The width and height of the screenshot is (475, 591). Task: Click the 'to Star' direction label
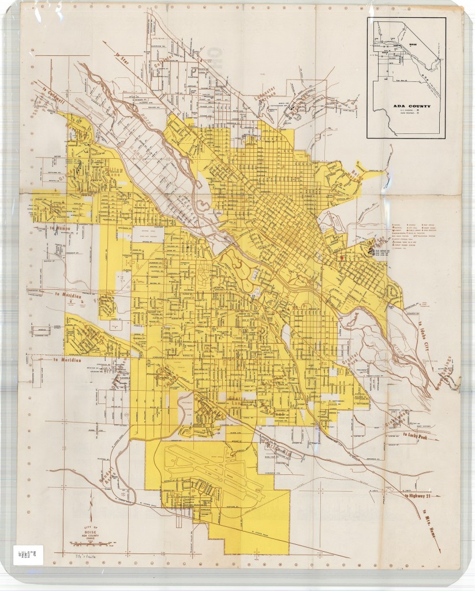[121, 58]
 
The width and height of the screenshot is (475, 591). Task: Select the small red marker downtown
[342, 258]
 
